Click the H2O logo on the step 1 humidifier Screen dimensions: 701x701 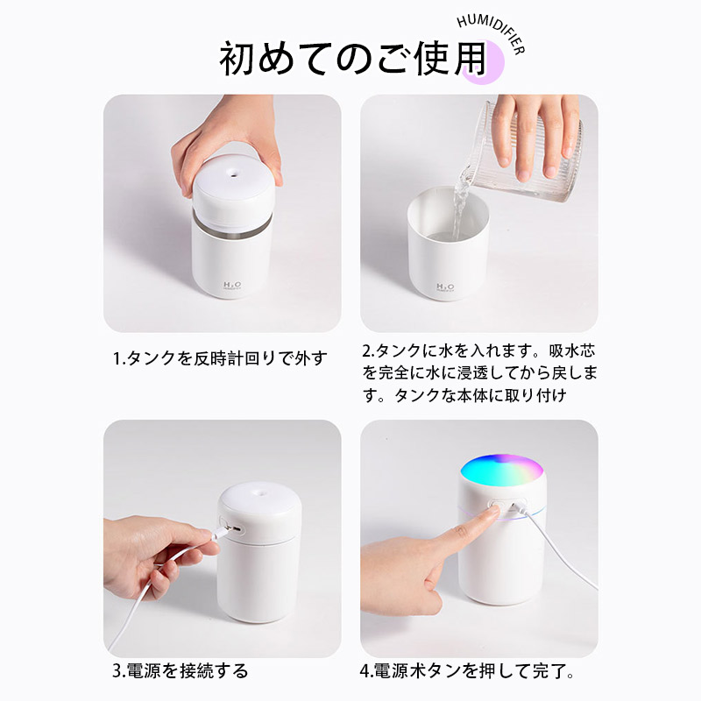232,286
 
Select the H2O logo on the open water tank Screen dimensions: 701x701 445,287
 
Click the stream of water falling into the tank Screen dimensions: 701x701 459,208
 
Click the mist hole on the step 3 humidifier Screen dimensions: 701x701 259,493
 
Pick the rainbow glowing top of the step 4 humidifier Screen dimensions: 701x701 501,471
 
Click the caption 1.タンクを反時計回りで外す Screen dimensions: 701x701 219,358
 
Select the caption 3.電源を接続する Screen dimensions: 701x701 180,670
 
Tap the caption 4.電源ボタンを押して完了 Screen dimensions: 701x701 467,671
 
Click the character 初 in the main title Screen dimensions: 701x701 237,59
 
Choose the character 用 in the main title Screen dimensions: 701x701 471,58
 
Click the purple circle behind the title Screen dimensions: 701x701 485,62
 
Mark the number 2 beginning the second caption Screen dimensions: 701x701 367,351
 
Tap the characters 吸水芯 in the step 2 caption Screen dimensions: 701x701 572,351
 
